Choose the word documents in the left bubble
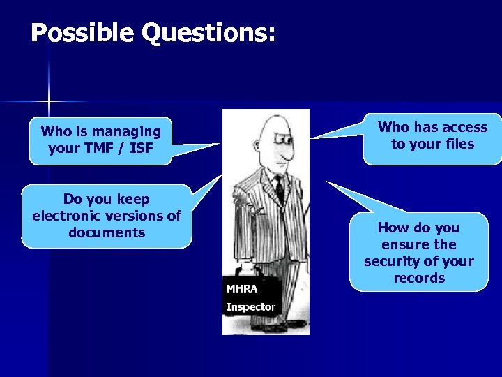pyautogui.click(x=107, y=232)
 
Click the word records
pyautogui.click(x=418, y=278)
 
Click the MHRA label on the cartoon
pyautogui.click(x=242, y=288)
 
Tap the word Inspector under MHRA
pyautogui.click(x=250, y=306)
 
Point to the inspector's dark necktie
pyautogui.click(x=279, y=188)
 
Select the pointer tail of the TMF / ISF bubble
pyautogui.click(x=195, y=149)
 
